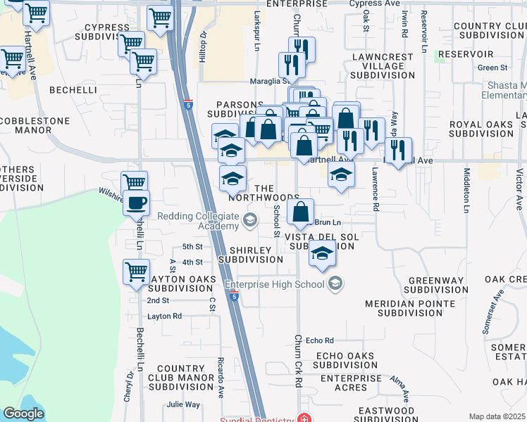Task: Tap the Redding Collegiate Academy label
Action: click(x=199, y=221)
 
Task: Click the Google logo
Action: click(x=23, y=414)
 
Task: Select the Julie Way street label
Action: click(x=183, y=404)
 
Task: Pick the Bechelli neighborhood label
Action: click(x=73, y=90)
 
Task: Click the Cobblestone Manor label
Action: click(x=35, y=125)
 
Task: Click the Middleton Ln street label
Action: click(x=466, y=191)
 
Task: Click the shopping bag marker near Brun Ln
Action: click(x=300, y=212)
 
